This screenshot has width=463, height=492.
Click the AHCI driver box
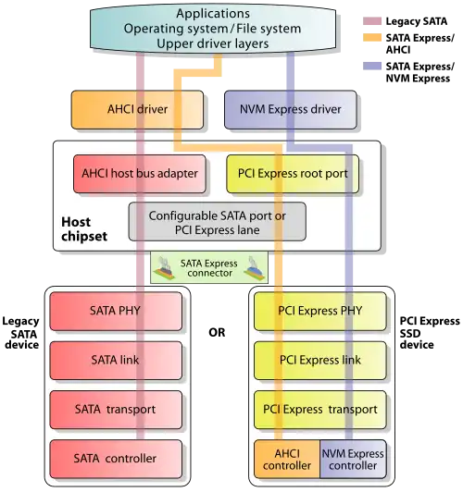click(x=137, y=109)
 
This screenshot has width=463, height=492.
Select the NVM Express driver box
click(x=290, y=109)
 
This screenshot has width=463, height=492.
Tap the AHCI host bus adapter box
click(x=140, y=174)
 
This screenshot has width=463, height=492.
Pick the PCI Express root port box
click(x=293, y=174)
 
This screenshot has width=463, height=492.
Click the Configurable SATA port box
click(x=218, y=222)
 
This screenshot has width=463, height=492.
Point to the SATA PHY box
click(x=116, y=311)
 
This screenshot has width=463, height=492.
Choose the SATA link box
click(x=116, y=361)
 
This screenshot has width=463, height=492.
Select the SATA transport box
click(x=116, y=410)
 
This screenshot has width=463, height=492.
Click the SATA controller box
click(x=116, y=459)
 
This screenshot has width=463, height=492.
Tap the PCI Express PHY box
click(x=320, y=311)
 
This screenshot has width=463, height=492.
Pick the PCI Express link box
click(x=320, y=361)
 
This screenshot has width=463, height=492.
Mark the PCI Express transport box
click(x=320, y=410)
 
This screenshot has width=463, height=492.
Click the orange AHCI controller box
click(x=287, y=459)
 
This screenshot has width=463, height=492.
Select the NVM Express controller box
click(x=353, y=459)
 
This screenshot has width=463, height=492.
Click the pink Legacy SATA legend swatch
click(x=372, y=21)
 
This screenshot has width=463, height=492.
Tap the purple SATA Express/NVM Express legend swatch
click(x=372, y=66)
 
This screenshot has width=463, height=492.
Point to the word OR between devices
click(x=217, y=332)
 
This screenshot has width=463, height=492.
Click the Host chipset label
click(x=84, y=229)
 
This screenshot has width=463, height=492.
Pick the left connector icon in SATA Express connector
click(x=165, y=268)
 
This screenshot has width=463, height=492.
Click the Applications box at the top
click(x=213, y=29)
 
